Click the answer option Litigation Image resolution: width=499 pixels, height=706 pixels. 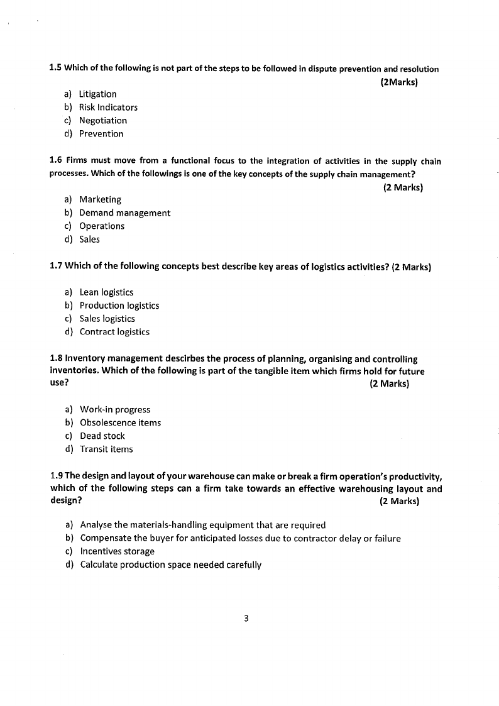(x=97, y=94)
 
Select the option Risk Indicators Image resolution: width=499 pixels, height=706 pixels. (x=108, y=108)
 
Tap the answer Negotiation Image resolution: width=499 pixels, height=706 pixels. (x=102, y=121)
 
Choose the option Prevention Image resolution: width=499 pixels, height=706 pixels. (x=101, y=134)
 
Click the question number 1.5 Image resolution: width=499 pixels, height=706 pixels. (x=55, y=69)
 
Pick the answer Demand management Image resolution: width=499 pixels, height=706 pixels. (x=124, y=213)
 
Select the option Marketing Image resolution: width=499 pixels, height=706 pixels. (x=100, y=200)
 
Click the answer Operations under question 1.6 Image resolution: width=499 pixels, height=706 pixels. (x=102, y=226)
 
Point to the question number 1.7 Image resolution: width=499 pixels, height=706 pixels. (x=56, y=266)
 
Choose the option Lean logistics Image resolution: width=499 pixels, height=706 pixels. (x=106, y=292)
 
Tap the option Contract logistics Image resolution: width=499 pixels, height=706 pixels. (x=114, y=332)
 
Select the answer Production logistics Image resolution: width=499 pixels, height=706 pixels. (x=119, y=306)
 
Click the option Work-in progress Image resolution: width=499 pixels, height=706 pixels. (x=115, y=410)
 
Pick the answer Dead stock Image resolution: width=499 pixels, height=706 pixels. (x=102, y=436)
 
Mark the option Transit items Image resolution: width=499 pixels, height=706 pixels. (x=106, y=450)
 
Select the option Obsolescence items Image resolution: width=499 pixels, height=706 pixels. (x=120, y=423)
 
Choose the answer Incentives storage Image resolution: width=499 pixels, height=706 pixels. (x=117, y=551)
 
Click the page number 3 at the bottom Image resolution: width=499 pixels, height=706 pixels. (x=246, y=619)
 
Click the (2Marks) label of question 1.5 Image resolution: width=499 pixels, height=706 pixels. (x=400, y=82)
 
